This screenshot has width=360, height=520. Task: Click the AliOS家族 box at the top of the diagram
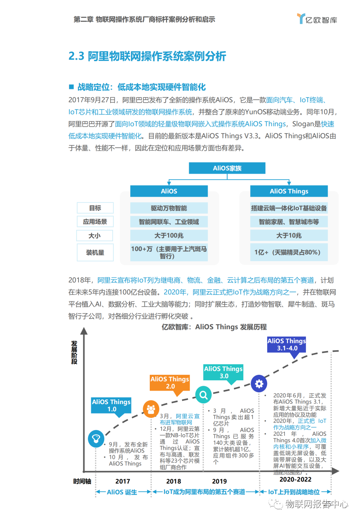(x=227, y=168)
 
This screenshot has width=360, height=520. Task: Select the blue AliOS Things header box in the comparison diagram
(x=289, y=191)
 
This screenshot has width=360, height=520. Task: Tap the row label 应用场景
(x=95, y=221)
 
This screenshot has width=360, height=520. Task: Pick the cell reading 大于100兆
(x=169, y=236)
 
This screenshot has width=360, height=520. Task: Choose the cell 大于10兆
(x=289, y=236)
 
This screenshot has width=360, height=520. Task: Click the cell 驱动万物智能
(x=169, y=208)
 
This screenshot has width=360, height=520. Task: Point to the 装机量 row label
(x=95, y=252)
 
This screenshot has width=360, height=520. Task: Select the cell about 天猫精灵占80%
(x=289, y=252)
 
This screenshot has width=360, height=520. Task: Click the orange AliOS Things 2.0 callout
(x=170, y=383)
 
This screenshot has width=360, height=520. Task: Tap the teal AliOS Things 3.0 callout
(x=223, y=372)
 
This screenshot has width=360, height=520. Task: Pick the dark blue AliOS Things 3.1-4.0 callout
(x=287, y=345)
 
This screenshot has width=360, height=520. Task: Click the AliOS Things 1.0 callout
(x=111, y=405)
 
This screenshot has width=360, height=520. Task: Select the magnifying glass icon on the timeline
(x=203, y=395)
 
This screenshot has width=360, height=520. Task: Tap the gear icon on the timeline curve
(x=259, y=384)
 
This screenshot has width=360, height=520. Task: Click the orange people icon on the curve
(x=151, y=409)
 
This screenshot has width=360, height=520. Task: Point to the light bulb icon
(x=96, y=439)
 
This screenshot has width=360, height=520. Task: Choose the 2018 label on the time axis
(x=174, y=481)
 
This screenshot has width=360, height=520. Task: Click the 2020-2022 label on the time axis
(x=295, y=479)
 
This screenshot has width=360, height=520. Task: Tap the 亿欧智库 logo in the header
(x=317, y=19)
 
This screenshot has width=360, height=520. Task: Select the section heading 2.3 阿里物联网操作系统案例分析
(x=147, y=56)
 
